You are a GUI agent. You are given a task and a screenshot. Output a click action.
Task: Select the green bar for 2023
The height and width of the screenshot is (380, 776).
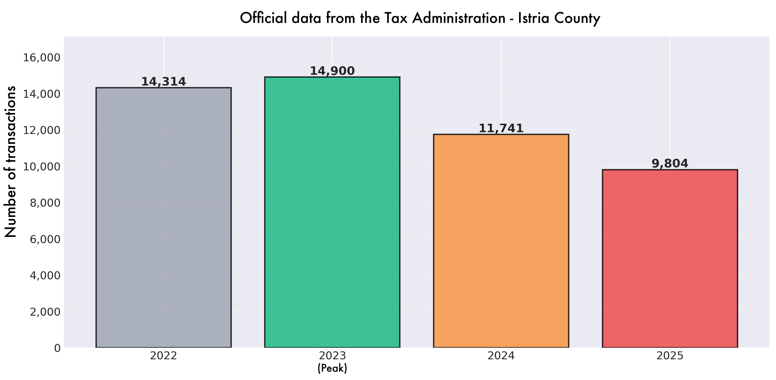point(332,212)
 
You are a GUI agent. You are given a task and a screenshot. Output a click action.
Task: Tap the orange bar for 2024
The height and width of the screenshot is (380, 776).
point(501,241)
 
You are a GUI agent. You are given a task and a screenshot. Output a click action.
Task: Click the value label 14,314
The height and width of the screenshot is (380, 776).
point(164,82)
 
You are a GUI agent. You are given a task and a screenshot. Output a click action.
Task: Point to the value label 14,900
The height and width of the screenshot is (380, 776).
point(332,71)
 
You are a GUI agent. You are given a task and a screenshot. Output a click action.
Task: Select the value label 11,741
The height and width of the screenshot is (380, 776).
point(501,128)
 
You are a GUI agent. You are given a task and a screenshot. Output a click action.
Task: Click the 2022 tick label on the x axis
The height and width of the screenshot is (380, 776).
point(164,356)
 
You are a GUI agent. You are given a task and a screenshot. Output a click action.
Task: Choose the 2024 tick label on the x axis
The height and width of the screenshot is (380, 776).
point(501,356)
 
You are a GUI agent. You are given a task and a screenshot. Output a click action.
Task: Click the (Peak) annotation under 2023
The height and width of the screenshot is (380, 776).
point(332,368)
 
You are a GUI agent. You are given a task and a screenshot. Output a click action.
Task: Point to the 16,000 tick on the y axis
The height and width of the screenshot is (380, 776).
point(42,57)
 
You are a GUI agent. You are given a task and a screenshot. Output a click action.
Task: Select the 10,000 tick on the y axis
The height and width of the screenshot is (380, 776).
point(42,166)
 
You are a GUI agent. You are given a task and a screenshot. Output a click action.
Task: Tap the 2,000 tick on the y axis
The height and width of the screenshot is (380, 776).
point(45,312)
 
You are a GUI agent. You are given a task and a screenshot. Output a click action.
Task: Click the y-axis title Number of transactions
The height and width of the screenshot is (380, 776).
point(10,162)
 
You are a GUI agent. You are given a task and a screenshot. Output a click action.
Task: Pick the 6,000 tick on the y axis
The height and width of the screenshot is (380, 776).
point(45,239)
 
